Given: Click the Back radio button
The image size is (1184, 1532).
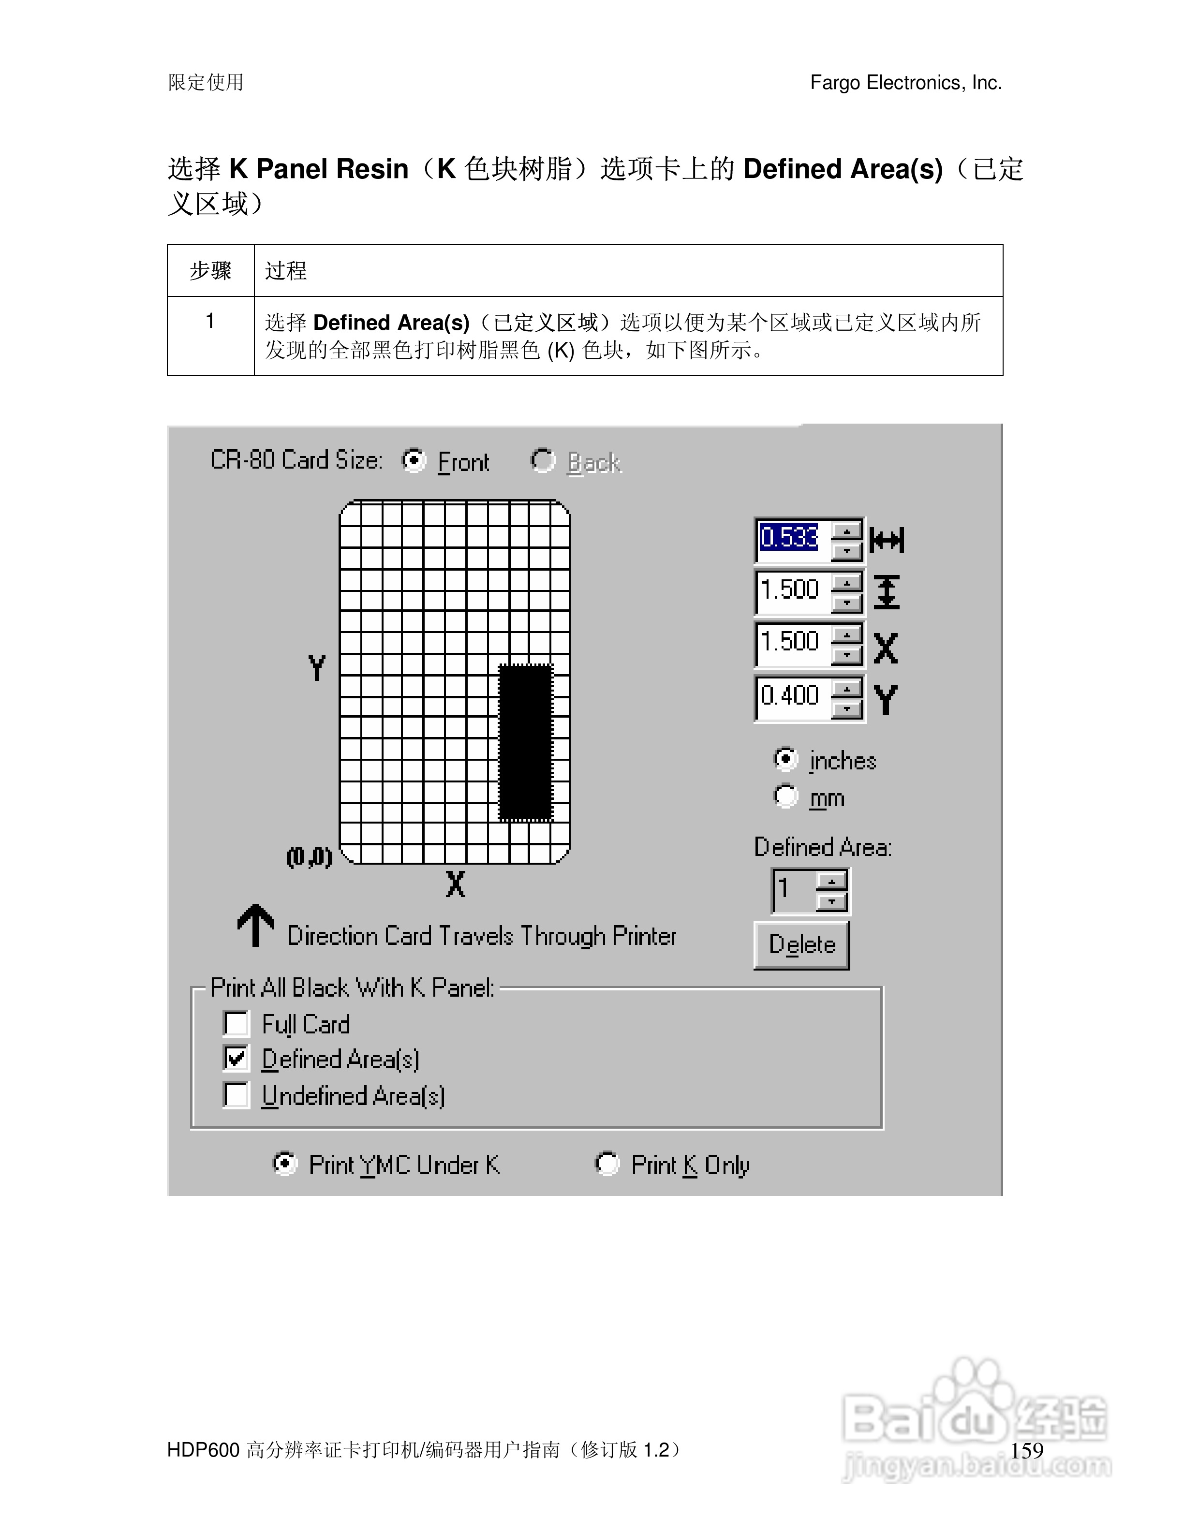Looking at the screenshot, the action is tap(542, 461).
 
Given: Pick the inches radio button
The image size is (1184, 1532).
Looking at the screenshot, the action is tap(785, 759).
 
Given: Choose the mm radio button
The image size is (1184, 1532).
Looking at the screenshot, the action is tap(785, 796).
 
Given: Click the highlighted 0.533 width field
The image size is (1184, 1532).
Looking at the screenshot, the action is tap(790, 538).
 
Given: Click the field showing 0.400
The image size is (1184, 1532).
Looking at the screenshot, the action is tap(790, 696).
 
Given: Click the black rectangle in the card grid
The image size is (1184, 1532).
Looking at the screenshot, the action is tap(525, 742).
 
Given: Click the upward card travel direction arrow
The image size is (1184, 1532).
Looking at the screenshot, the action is tap(255, 925).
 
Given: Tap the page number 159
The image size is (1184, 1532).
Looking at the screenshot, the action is tap(1027, 1450).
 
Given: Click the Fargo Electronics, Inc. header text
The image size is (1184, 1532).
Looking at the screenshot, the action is tap(905, 83).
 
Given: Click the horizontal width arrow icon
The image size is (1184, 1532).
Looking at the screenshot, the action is tap(887, 540).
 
